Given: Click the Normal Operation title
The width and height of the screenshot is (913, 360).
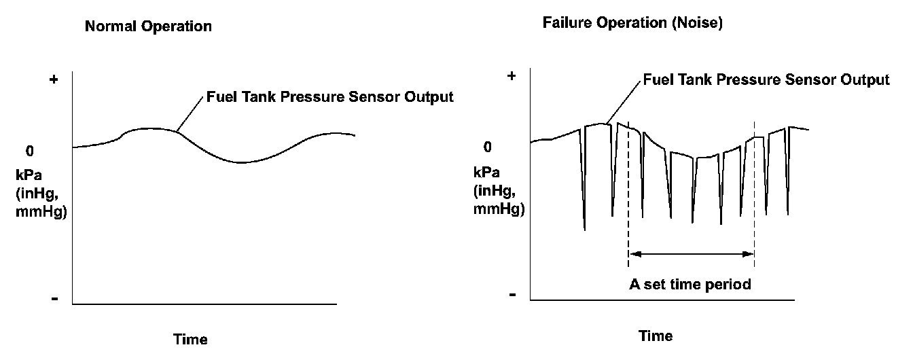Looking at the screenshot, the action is pos(148,27).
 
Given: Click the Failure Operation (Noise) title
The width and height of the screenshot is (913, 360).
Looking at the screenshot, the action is pos(632,22).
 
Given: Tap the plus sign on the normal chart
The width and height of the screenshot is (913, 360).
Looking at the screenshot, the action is pos(54,80).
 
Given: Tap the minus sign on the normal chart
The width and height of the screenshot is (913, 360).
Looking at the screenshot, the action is pos(54,299).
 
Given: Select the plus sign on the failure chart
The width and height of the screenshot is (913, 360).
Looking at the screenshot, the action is pos(512,75).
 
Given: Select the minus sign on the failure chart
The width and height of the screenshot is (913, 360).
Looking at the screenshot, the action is pos(512,295).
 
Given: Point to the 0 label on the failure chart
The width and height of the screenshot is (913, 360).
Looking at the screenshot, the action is pos(487,147).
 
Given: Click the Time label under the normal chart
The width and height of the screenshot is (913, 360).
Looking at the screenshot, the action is pos(190,339).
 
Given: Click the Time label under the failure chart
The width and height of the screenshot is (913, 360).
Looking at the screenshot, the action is pos(656,336).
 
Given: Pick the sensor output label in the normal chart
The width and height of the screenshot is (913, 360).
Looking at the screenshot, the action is pos(329,97).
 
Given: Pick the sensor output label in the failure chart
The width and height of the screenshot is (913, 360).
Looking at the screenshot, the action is pos(766,80).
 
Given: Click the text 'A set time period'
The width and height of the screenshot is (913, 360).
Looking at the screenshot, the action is pos(690,284).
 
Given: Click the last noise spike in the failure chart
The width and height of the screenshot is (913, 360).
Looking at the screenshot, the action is pos(787,213).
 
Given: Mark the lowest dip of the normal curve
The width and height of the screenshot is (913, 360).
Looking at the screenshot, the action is pos(238,162).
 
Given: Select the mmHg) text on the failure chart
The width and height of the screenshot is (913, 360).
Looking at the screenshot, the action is pos(498,209).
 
